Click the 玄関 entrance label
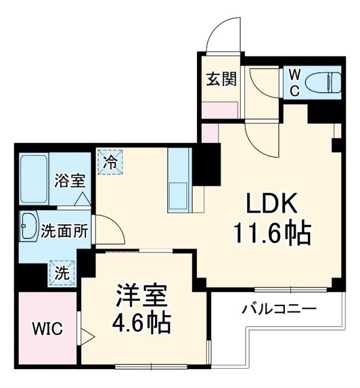pyautogui.click(x=220, y=79)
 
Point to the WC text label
pyautogui.click(x=293, y=82)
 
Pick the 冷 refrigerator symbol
pyautogui.click(x=110, y=162)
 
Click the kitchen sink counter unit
pyautogui.click(x=179, y=179)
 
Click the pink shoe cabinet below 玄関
pyautogui.click(x=219, y=111)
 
